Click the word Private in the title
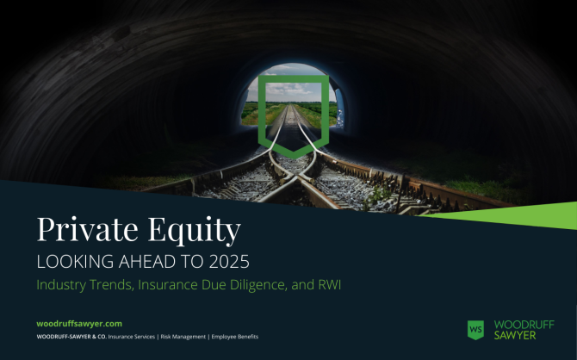(x=88, y=229)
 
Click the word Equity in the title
(x=195, y=231)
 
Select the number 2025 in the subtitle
(x=229, y=262)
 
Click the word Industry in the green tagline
(x=61, y=285)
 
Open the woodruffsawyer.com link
(x=79, y=324)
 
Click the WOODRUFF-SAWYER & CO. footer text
(x=71, y=337)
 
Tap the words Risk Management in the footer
(x=183, y=337)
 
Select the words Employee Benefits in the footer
(x=235, y=337)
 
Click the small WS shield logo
(x=475, y=330)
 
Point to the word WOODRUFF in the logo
(x=524, y=325)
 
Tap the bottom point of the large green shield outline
(x=294, y=158)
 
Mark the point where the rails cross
(x=295, y=179)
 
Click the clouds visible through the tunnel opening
(x=286, y=89)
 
